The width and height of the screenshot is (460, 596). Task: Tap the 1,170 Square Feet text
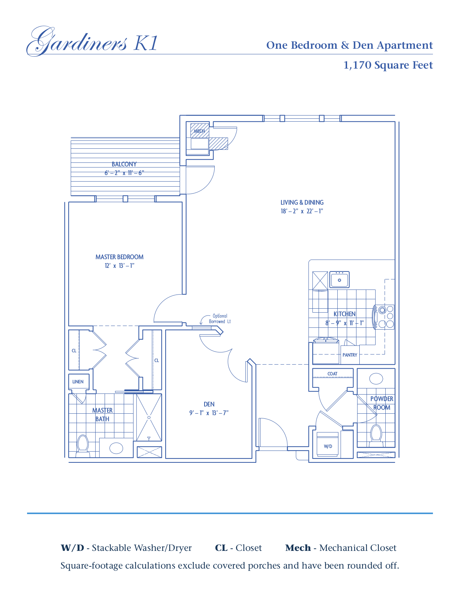coord(388,65)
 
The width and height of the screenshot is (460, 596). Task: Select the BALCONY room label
coord(124,164)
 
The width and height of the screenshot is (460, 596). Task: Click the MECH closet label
coord(199,131)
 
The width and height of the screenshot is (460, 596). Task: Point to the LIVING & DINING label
coord(302,203)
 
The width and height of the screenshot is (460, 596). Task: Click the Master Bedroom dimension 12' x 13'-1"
coord(119,266)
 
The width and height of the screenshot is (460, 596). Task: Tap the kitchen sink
coord(339,280)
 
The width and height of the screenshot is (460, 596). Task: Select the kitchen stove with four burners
coord(385,317)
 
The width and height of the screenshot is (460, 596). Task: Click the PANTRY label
coord(350,355)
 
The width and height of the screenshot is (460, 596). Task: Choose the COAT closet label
coord(332,374)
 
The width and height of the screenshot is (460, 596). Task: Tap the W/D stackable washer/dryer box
coord(328,445)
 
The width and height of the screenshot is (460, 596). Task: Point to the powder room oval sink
coord(376,379)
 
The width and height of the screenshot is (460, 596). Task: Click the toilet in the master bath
coord(83,445)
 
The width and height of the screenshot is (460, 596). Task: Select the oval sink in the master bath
coord(116,448)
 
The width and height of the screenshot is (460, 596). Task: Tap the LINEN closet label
coord(78,382)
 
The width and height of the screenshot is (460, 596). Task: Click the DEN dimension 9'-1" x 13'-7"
coord(209,413)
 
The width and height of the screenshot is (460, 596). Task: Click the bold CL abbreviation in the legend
coord(221,548)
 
